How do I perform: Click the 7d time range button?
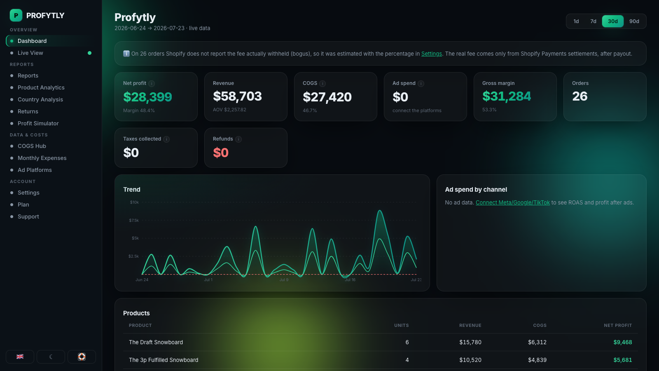(593, 21)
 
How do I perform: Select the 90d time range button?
(634, 21)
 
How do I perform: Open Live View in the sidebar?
(30, 53)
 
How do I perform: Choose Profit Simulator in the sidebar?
(38, 123)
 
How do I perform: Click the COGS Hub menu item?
(32, 146)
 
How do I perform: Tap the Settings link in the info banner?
(431, 54)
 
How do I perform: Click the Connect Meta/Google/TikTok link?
(512, 202)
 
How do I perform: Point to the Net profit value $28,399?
(147, 97)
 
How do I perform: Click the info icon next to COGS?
(322, 84)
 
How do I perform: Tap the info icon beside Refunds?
(238, 139)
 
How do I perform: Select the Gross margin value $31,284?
(507, 96)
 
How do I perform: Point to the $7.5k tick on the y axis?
(134, 220)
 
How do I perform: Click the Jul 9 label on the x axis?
(284, 280)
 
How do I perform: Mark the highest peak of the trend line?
(380, 210)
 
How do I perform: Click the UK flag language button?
(20, 357)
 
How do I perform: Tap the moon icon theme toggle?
(51, 357)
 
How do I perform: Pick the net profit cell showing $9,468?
(622, 342)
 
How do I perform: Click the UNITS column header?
(401, 325)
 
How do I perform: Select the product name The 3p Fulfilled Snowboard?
(164, 360)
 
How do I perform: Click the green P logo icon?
(16, 15)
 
